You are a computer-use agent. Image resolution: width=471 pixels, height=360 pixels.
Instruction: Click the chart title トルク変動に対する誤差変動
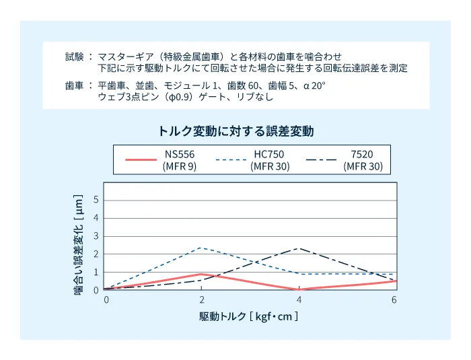pos(236,131)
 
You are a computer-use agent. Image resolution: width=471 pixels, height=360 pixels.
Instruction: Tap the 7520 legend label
pos(363,154)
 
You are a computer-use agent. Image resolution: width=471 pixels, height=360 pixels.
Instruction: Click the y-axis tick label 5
pos(96,200)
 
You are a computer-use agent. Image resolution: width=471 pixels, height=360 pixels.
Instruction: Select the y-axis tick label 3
pos(96,236)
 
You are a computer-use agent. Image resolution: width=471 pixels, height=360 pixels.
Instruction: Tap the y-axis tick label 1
pos(96,273)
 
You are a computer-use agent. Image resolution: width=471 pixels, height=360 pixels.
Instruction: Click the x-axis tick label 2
pos(202,299)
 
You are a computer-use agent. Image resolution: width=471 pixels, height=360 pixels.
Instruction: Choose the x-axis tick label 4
pos(298,299)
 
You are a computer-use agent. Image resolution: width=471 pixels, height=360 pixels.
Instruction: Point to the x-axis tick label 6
pos(394,299)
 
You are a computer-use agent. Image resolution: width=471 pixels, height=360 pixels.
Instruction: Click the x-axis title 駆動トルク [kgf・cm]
pos(248,316)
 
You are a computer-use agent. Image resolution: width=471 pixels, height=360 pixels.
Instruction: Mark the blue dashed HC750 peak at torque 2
pos(202,248)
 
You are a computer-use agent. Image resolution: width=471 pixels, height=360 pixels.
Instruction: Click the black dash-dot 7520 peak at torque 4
pos(298,248)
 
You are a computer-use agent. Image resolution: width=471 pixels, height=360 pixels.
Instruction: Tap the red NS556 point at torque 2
pos(202,274)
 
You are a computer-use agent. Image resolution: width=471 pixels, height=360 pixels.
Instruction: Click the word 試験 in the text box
pos(74,57)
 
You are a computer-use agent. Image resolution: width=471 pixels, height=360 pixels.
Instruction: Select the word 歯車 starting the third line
pos(74,86)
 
